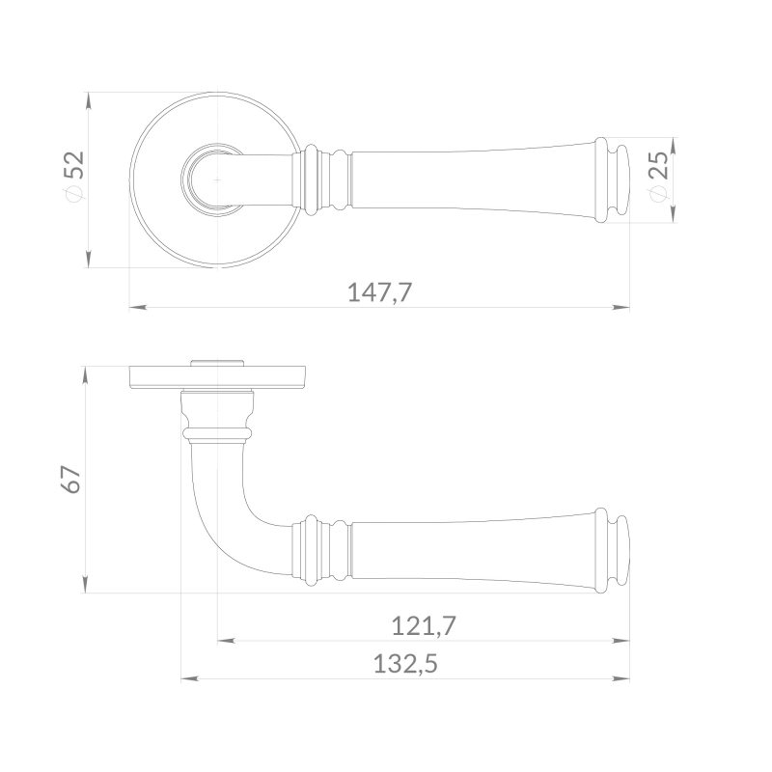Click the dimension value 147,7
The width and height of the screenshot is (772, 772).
tap(379, 292)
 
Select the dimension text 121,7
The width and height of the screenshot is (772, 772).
tap(424, 626)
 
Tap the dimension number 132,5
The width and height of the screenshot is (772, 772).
tap(405, 664)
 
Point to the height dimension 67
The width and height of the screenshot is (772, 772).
tap(71, 479)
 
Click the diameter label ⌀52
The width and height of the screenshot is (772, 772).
tap(74, 178)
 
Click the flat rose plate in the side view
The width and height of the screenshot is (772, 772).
tap(218, 377)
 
